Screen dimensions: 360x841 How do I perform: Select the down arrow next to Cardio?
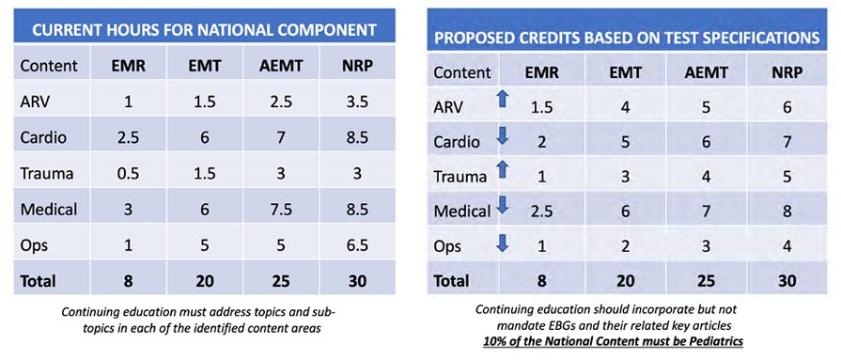(x=503, y=140)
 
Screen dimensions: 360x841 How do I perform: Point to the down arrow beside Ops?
(x=503, y=245)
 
